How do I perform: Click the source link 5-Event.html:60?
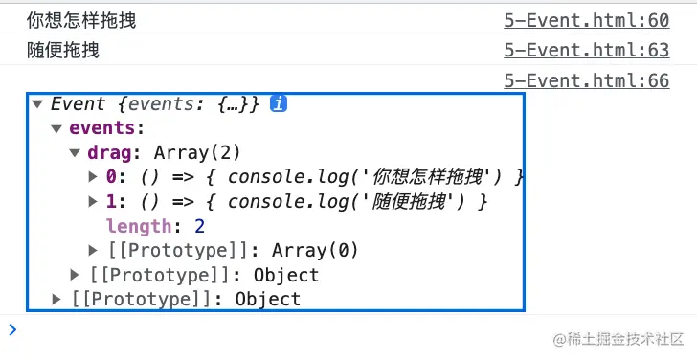[586, 20]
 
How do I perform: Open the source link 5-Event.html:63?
[586, 51]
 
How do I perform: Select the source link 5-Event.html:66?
[586, 80]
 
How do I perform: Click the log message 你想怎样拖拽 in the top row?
[81, 20]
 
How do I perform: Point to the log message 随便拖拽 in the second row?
[63, 51]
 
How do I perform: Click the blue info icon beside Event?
[279, 104]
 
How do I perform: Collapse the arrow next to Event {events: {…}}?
[37, 104]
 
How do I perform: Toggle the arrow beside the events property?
[56, 128]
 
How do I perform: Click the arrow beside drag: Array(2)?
[75, 153]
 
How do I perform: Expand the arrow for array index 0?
[93, 177]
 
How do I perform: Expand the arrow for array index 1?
[93, 202]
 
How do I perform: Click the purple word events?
[106, 128]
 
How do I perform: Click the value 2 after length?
[200, 226]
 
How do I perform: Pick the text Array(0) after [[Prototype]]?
[315, 251]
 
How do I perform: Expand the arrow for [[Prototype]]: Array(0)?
[93, 251]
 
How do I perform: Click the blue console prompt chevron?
[11, 329]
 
